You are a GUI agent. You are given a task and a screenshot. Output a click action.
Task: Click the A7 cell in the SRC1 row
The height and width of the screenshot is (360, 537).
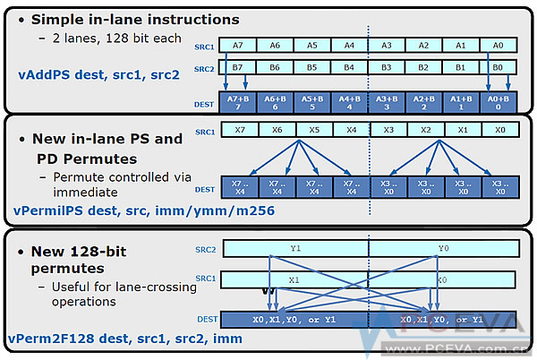coord(237,44)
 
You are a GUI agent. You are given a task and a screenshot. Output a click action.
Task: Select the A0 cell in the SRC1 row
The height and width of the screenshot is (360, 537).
coord(498,44)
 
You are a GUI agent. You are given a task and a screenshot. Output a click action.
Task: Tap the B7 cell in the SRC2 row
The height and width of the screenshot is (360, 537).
coord(237,67)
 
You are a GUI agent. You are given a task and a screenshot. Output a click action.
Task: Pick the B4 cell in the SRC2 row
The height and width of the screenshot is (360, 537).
coord(349,67)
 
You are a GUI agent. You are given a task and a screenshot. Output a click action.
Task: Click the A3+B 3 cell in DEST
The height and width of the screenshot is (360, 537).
coord(386,102)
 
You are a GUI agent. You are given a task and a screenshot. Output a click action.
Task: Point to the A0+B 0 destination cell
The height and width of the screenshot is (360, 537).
coord(498,102)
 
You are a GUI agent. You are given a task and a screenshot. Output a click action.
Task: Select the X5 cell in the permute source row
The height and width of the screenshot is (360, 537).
coord(313,130)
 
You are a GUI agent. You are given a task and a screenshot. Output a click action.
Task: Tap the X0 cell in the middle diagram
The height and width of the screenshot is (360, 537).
coord(499,130)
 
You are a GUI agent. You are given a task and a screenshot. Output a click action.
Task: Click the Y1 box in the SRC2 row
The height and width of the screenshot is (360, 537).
coord(295,247)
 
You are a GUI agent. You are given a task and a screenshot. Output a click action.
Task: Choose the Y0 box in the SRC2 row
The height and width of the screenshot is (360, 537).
coord(444,247)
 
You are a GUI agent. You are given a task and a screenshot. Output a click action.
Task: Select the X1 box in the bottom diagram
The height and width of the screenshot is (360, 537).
coord(295,279)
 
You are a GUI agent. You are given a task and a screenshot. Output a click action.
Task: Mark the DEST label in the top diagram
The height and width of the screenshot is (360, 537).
coord(204,104)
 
